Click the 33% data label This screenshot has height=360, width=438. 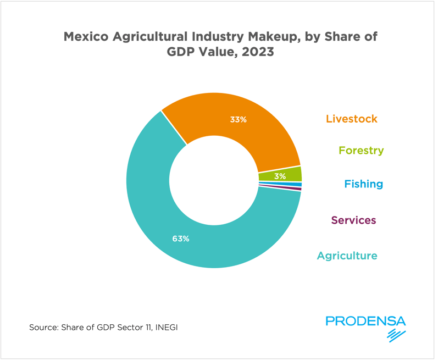[x=238, y=119]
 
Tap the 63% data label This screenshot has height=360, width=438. [x=180, y=239]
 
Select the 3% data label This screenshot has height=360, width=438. [x=280, y=176]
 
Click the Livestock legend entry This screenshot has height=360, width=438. [x=351, y=119]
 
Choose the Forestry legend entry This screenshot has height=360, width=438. [x=361, y=150]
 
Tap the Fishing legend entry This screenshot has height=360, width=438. [x=363, y=184]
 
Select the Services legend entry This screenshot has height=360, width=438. [x=353, y=220]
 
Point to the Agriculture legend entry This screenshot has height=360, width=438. [x=347, y=256]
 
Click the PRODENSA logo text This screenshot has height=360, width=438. [x=365, y=321]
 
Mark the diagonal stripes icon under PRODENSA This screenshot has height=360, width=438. [x=395, y=335]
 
